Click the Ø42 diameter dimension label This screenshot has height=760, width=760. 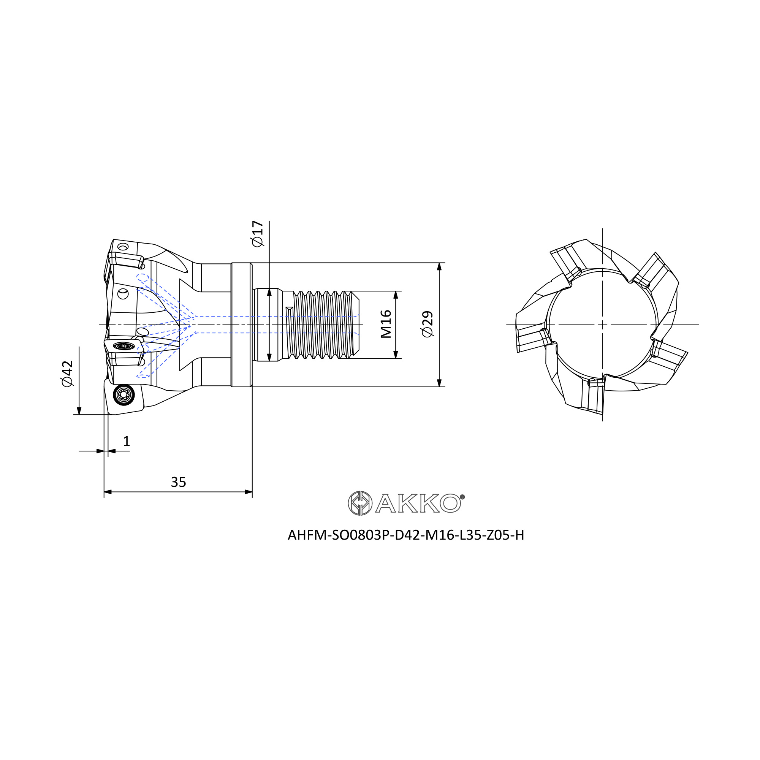tap(67, 373)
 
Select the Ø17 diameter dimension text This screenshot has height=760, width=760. tap(258, 234)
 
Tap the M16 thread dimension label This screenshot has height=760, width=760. tap(386, 324)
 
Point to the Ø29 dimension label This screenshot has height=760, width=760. tap(427, 324)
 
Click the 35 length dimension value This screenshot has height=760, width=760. tap(178, 482)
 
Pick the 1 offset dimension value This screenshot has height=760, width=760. tap(126, 441)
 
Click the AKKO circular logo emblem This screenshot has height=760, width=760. tap(360, 503)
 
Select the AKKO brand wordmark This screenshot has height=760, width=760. tap(418, 503)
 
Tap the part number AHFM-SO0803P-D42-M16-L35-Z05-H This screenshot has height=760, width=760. tap(406, 535)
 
